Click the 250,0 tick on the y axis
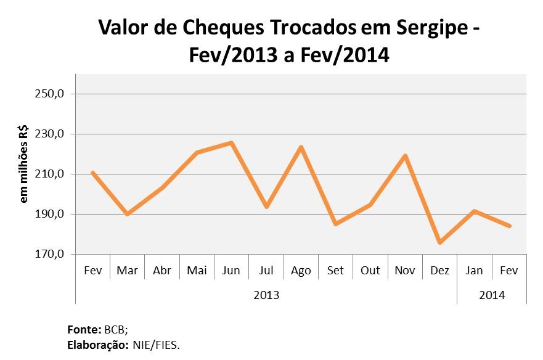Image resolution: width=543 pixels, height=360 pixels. tap(52, 94)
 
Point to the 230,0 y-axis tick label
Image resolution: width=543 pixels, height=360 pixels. tap(52, 134)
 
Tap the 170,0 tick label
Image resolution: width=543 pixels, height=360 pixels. tap(52, 254)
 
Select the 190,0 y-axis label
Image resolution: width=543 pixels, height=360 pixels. tap(52, 215)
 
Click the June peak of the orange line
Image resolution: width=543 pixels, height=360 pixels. tap(231, 142)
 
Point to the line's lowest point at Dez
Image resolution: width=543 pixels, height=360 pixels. tap(439, 243)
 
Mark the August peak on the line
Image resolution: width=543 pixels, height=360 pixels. tap(301, 147)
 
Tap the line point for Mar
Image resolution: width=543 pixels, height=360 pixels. tap(127, 214)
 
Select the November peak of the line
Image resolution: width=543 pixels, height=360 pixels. tap(405, 155)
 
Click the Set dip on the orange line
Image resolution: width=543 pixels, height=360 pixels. tap(335, 224)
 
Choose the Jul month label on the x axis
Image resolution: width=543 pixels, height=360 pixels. tap(266, 270)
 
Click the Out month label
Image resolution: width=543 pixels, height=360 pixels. tap(370, 270)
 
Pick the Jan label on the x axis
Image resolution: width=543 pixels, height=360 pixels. tap(475, 270)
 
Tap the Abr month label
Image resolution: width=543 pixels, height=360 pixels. tap(162, 270)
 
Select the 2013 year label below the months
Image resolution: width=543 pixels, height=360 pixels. tap(266, 295)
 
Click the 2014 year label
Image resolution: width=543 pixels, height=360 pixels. tap(492, 295)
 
